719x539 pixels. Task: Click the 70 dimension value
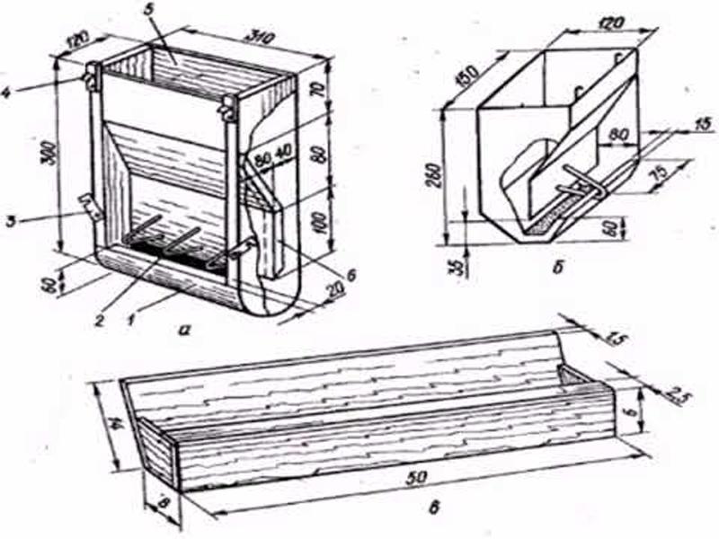pyautogui.click(x=337, y=91)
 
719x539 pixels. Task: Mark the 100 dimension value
pyautogui.click(x=337, y=221)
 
